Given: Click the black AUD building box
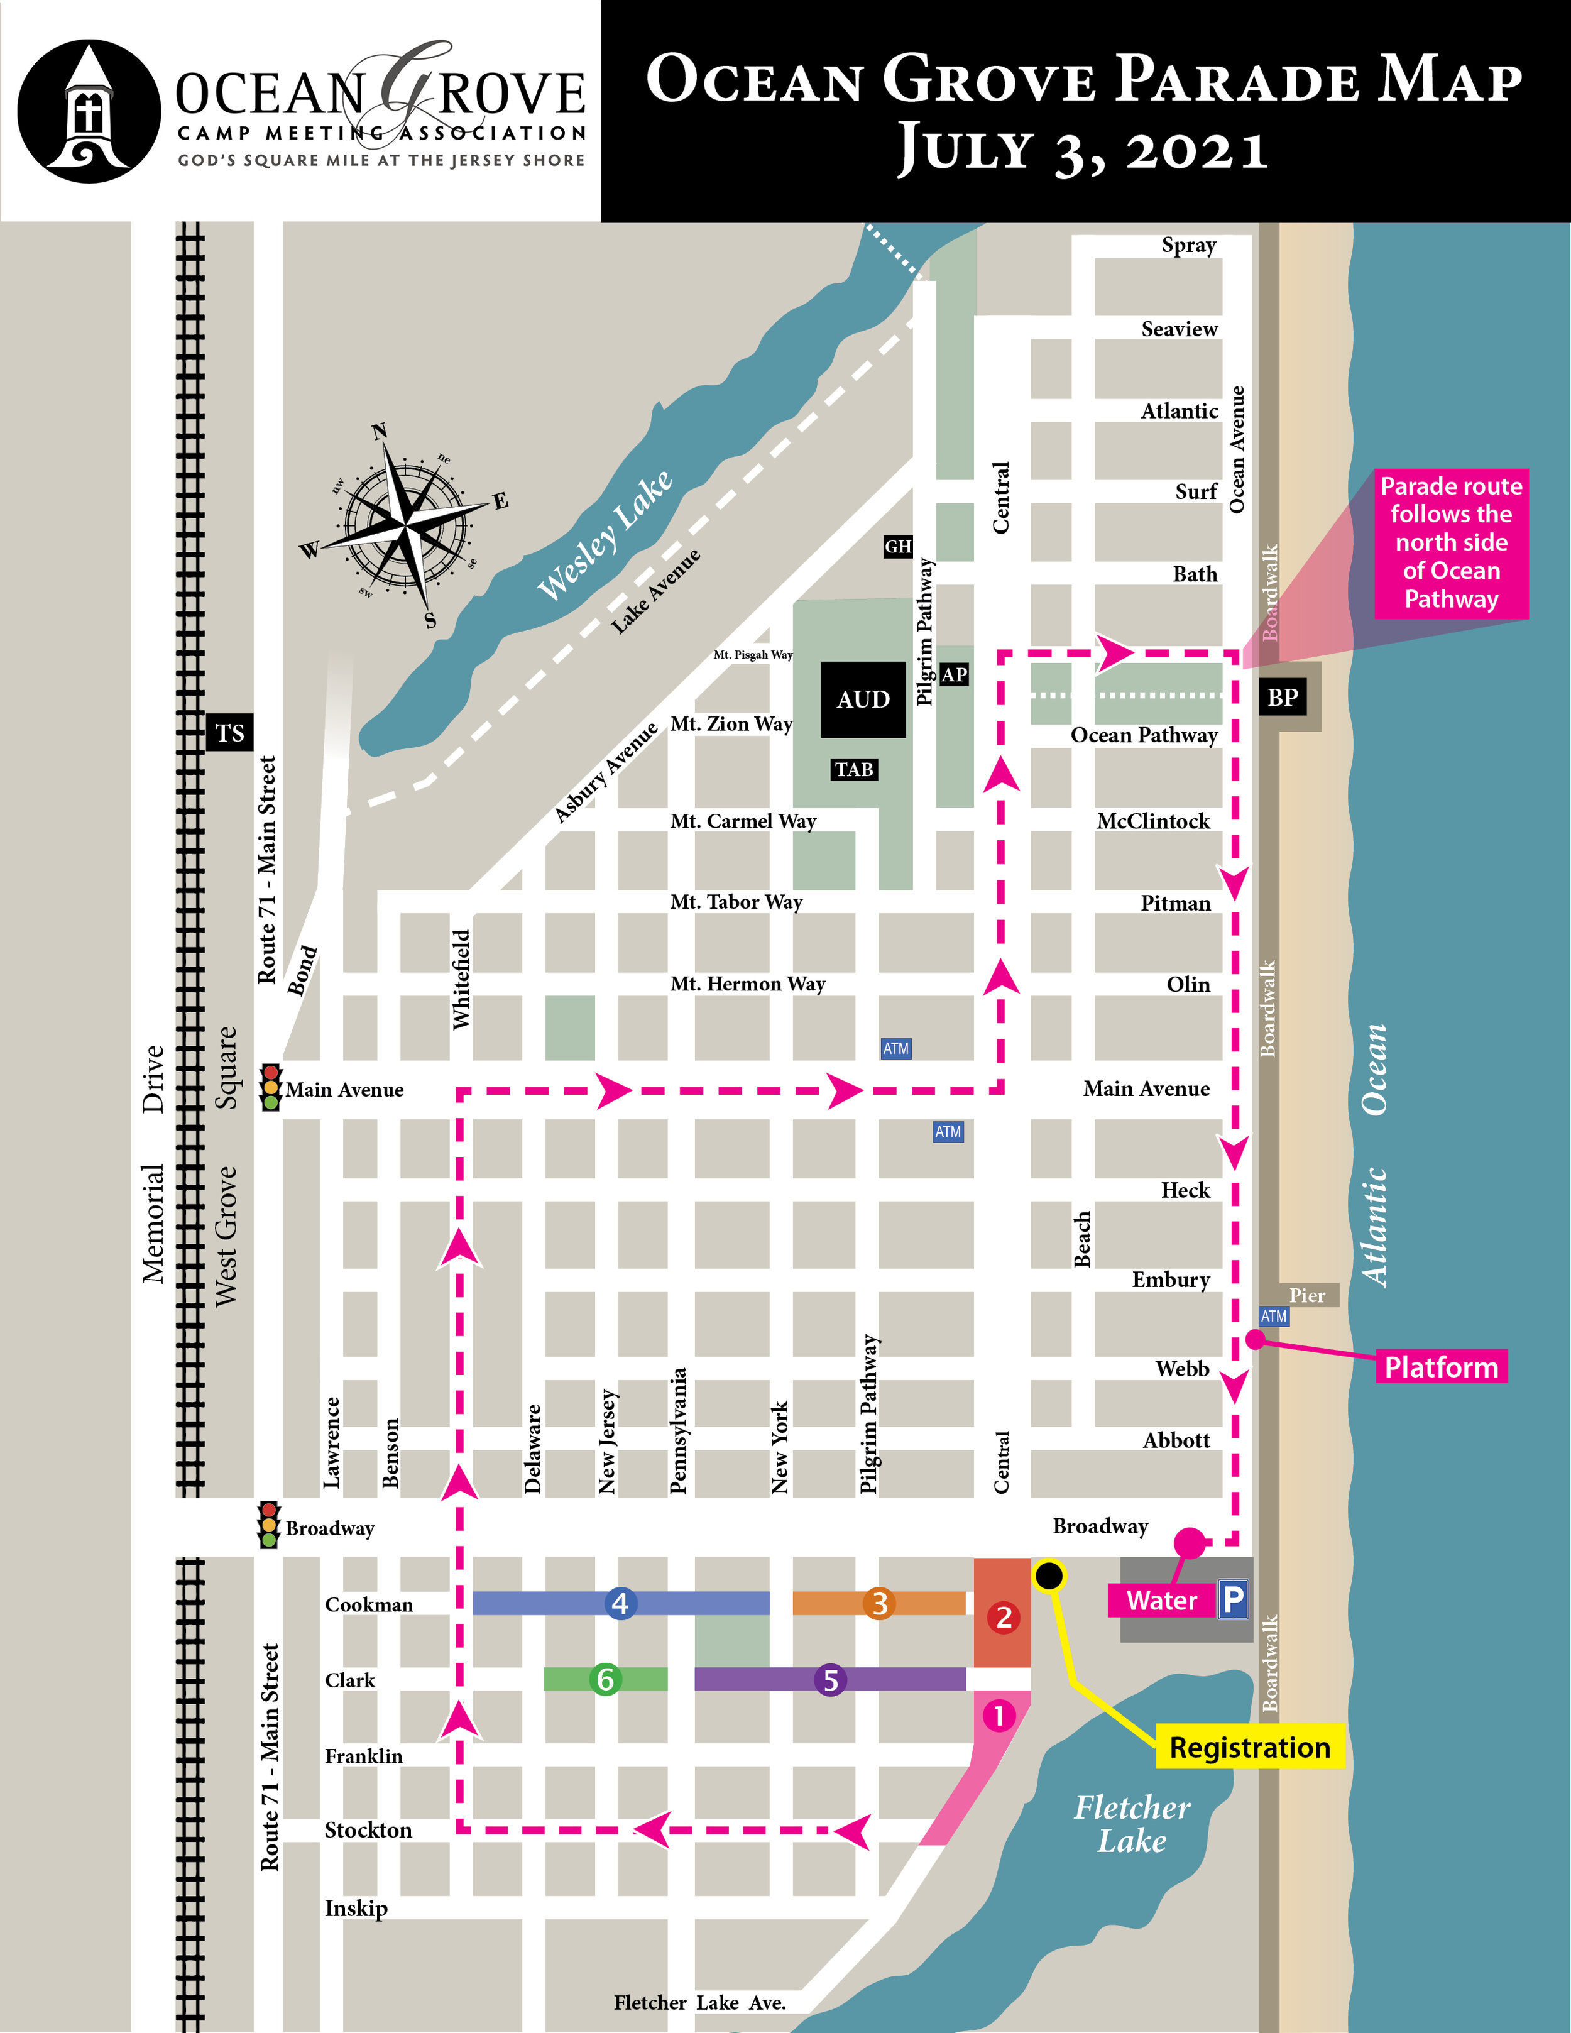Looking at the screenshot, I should (863, 699).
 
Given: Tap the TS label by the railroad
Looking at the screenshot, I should (229, 733).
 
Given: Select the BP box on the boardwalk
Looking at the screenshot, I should (1283, 697).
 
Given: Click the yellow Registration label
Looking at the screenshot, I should (1249, 1747).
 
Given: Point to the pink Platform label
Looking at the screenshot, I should (1441, 1366).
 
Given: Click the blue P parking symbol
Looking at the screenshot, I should (1232, 1599).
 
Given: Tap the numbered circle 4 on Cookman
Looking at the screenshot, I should (620, 1603).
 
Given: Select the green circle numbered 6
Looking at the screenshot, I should (605, 1679).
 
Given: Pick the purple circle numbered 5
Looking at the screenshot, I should (830, 1679).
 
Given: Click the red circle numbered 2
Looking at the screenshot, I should (1004, 1617).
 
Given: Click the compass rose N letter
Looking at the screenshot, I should (379, 431).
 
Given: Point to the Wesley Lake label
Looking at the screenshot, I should (605, 535).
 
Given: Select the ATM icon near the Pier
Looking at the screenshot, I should (1273, 1316).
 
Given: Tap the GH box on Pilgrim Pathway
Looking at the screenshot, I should (897, 546).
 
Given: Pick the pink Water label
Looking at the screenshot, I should (1161, 1600).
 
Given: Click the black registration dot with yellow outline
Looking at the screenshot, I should (1049, 1575).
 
